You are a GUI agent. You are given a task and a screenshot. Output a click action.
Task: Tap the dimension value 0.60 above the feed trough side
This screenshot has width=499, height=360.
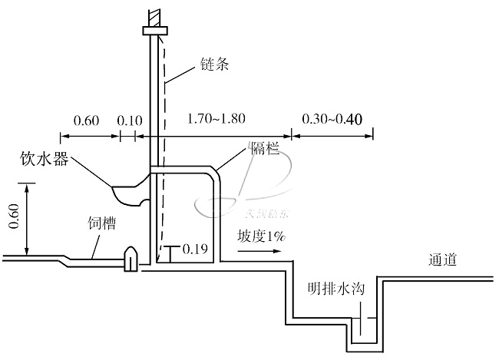86,121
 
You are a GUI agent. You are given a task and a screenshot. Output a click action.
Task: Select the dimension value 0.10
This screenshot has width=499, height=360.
129,121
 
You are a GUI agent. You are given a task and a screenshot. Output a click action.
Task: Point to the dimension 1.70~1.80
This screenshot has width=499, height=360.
216,121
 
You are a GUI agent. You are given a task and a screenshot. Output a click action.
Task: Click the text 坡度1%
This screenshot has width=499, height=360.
262,238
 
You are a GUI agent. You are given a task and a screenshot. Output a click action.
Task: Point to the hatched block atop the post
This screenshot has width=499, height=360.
156,14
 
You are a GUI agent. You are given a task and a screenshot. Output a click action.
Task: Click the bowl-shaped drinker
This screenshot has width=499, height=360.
132,191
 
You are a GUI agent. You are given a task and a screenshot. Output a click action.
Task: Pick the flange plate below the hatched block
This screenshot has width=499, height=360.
156,30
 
